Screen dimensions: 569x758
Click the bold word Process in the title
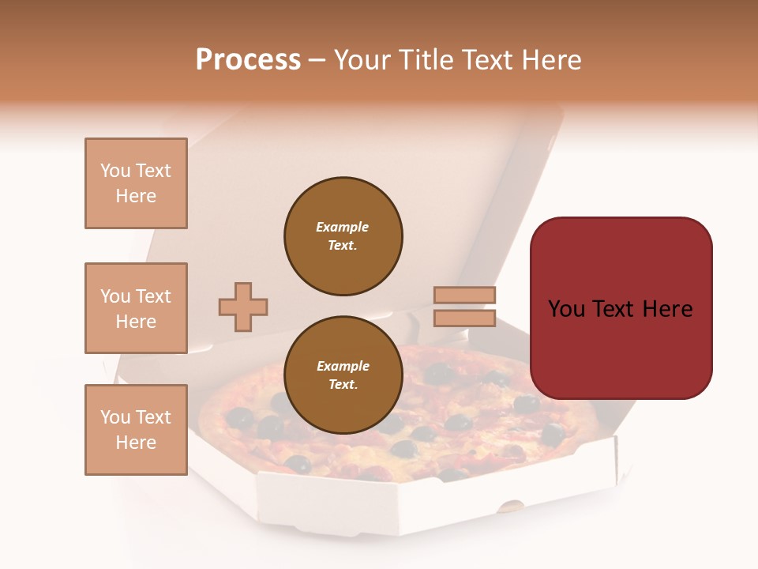(248, 59)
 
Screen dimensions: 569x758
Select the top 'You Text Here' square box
(136, 183)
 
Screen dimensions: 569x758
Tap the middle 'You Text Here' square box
(136, 308)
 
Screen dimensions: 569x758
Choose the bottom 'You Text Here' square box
(136, 430)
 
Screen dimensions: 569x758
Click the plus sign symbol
(243, 307)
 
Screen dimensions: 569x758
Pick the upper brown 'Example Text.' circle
(343, 236)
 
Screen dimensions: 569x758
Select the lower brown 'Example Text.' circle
(343, 375)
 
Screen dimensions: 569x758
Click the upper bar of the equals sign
(464, 295)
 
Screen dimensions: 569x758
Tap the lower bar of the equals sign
(464, 318)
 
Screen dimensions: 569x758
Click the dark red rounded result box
(621, 307)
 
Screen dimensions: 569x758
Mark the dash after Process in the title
(317, 61)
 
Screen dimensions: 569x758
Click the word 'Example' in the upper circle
(343, 227)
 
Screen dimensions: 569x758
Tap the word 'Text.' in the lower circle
(343, 385)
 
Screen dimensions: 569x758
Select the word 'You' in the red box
(566, 308)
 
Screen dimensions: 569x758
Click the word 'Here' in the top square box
(136, 196)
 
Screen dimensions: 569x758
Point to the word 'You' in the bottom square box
(115, 417)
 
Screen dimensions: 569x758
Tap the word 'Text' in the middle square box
(153, 296)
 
